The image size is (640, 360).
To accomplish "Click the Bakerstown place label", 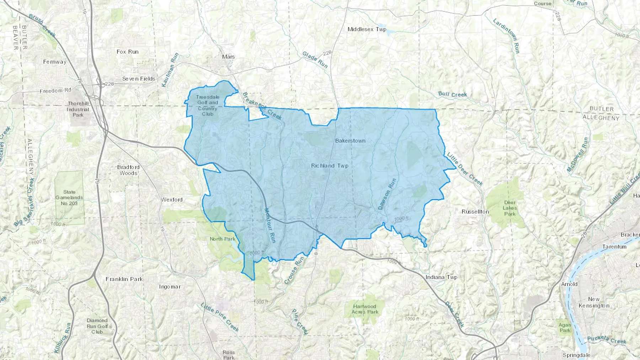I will [x=350, y=141].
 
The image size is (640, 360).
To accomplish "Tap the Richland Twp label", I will [x=330, y=166].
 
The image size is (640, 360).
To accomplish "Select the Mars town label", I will [x=228, y=57].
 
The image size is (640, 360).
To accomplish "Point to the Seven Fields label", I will [x=139, y=79].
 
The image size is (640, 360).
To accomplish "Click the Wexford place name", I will [x=172, y=200].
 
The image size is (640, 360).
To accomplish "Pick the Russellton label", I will [x=475, y=211].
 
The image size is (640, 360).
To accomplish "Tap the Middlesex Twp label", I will [x=367, y=29].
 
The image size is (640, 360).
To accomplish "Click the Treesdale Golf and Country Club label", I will [x=208, y=105].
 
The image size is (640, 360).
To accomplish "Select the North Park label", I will [x=223, y=239].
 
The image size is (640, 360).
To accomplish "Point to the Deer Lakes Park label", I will [x=510, y=208].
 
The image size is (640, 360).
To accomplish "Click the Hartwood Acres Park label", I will [x=365, y=309].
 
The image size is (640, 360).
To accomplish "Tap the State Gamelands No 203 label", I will [x=69, y=198].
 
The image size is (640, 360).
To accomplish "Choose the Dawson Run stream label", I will [x=387, y=194].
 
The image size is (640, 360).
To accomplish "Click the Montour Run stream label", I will [x=270, y=225].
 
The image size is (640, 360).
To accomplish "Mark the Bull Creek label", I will [x=453, y=94].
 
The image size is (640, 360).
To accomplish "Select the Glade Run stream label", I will [x=315, y=59].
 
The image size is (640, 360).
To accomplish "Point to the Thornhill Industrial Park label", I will [x=78, y=109].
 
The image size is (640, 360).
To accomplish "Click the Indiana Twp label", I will [x=441, y=277].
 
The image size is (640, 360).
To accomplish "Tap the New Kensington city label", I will [x=594, y=302].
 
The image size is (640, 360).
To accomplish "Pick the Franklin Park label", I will [x=124, y=279].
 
